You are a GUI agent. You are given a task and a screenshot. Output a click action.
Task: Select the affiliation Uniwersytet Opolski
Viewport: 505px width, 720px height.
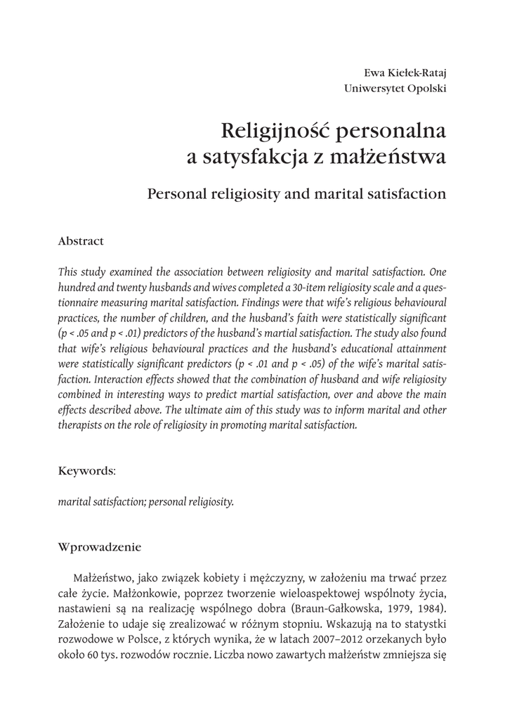(395, 89)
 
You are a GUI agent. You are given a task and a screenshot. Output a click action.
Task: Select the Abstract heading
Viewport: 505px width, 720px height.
(81, 241)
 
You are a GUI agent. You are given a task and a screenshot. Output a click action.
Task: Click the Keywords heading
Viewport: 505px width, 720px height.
(86, 471)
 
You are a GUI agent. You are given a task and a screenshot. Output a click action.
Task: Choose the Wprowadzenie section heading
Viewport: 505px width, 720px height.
(100, 546)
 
